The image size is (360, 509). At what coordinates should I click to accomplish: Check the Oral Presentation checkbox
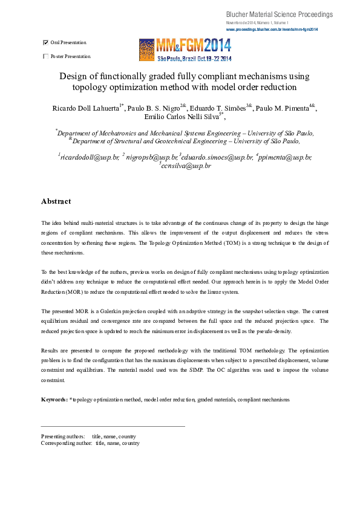point(46,43)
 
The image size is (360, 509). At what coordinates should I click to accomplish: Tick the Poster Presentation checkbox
point(46,56)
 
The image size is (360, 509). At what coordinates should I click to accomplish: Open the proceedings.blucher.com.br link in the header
point(272,29)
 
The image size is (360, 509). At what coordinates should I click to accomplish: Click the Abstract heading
point(56,201)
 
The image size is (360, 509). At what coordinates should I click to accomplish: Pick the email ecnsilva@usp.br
point(186,165)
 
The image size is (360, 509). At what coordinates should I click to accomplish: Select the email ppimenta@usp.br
point(286,157)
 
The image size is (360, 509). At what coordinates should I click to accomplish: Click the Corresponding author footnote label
point(67,443)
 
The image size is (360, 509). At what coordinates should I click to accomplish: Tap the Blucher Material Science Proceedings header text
point(280,14)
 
